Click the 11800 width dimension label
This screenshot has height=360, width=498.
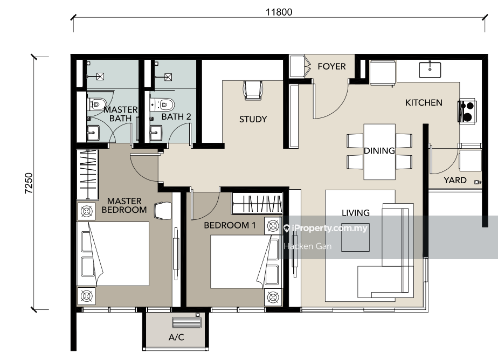[x=279, y=12]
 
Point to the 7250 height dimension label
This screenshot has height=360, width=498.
[x=29, y=183]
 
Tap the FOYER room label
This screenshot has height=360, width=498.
[x=331, y=66]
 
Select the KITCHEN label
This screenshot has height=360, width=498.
[x=424, y=102]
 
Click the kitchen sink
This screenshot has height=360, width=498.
[x=430, y=70]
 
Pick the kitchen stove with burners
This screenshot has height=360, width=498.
[x=466, y=111]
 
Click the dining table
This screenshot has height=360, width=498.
[x=379, y=152]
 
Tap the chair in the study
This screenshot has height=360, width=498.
[x=253, y=90]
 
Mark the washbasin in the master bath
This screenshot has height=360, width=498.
[x=93, y=133]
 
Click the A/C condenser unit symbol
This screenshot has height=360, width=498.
[x=186, y=322]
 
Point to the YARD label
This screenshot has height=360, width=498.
[x=455, y=181]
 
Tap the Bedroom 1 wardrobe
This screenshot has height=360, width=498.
[x=257, y=203]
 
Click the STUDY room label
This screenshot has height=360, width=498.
[x=253, y=119]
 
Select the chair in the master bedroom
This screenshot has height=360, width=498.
[x=163, y=211]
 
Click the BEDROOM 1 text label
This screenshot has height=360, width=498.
[x=230, y=225]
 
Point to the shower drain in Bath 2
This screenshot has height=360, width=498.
[x=168, y=77]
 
